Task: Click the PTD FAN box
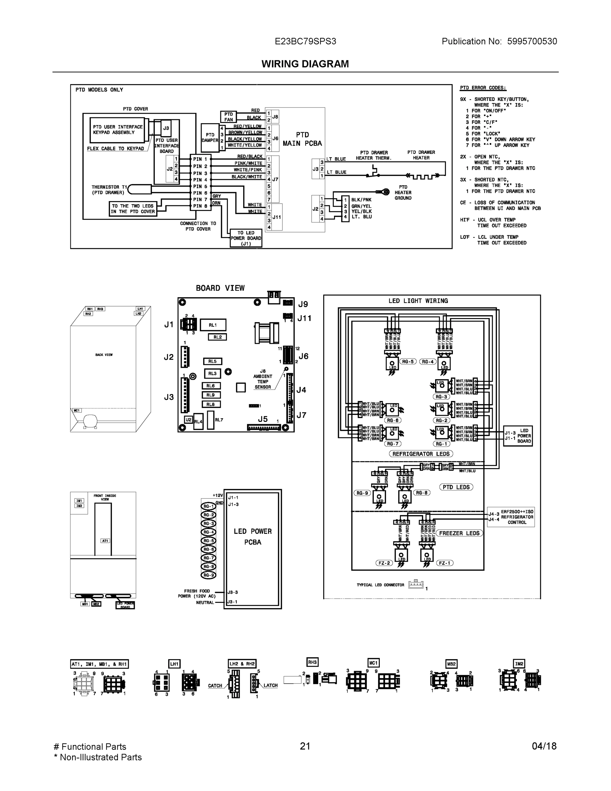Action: (x=228, y=117)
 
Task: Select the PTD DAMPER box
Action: (x=210, y=138)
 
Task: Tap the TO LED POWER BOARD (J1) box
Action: (x=246, y=238)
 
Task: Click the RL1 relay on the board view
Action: (x=213, y=325)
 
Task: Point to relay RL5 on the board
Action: (x=212, y=362)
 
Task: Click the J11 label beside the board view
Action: (x=304, y=318)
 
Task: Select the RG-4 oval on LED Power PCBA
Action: (x=208, y=532)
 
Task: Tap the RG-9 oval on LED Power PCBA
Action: (x=208, y=575)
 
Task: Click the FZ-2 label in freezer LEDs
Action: (x=384, y=563)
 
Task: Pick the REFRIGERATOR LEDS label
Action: (x=421, y=454)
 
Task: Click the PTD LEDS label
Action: (x=456, y=487)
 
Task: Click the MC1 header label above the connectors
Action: (x=373, y=663)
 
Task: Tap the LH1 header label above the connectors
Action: (x=175, y=664)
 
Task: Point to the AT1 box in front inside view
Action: (x=105, y=541)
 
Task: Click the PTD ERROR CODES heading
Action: (x=483, y=88)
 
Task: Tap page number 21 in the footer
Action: (x=305, y=746)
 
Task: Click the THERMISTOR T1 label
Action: (x=109, y=190)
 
